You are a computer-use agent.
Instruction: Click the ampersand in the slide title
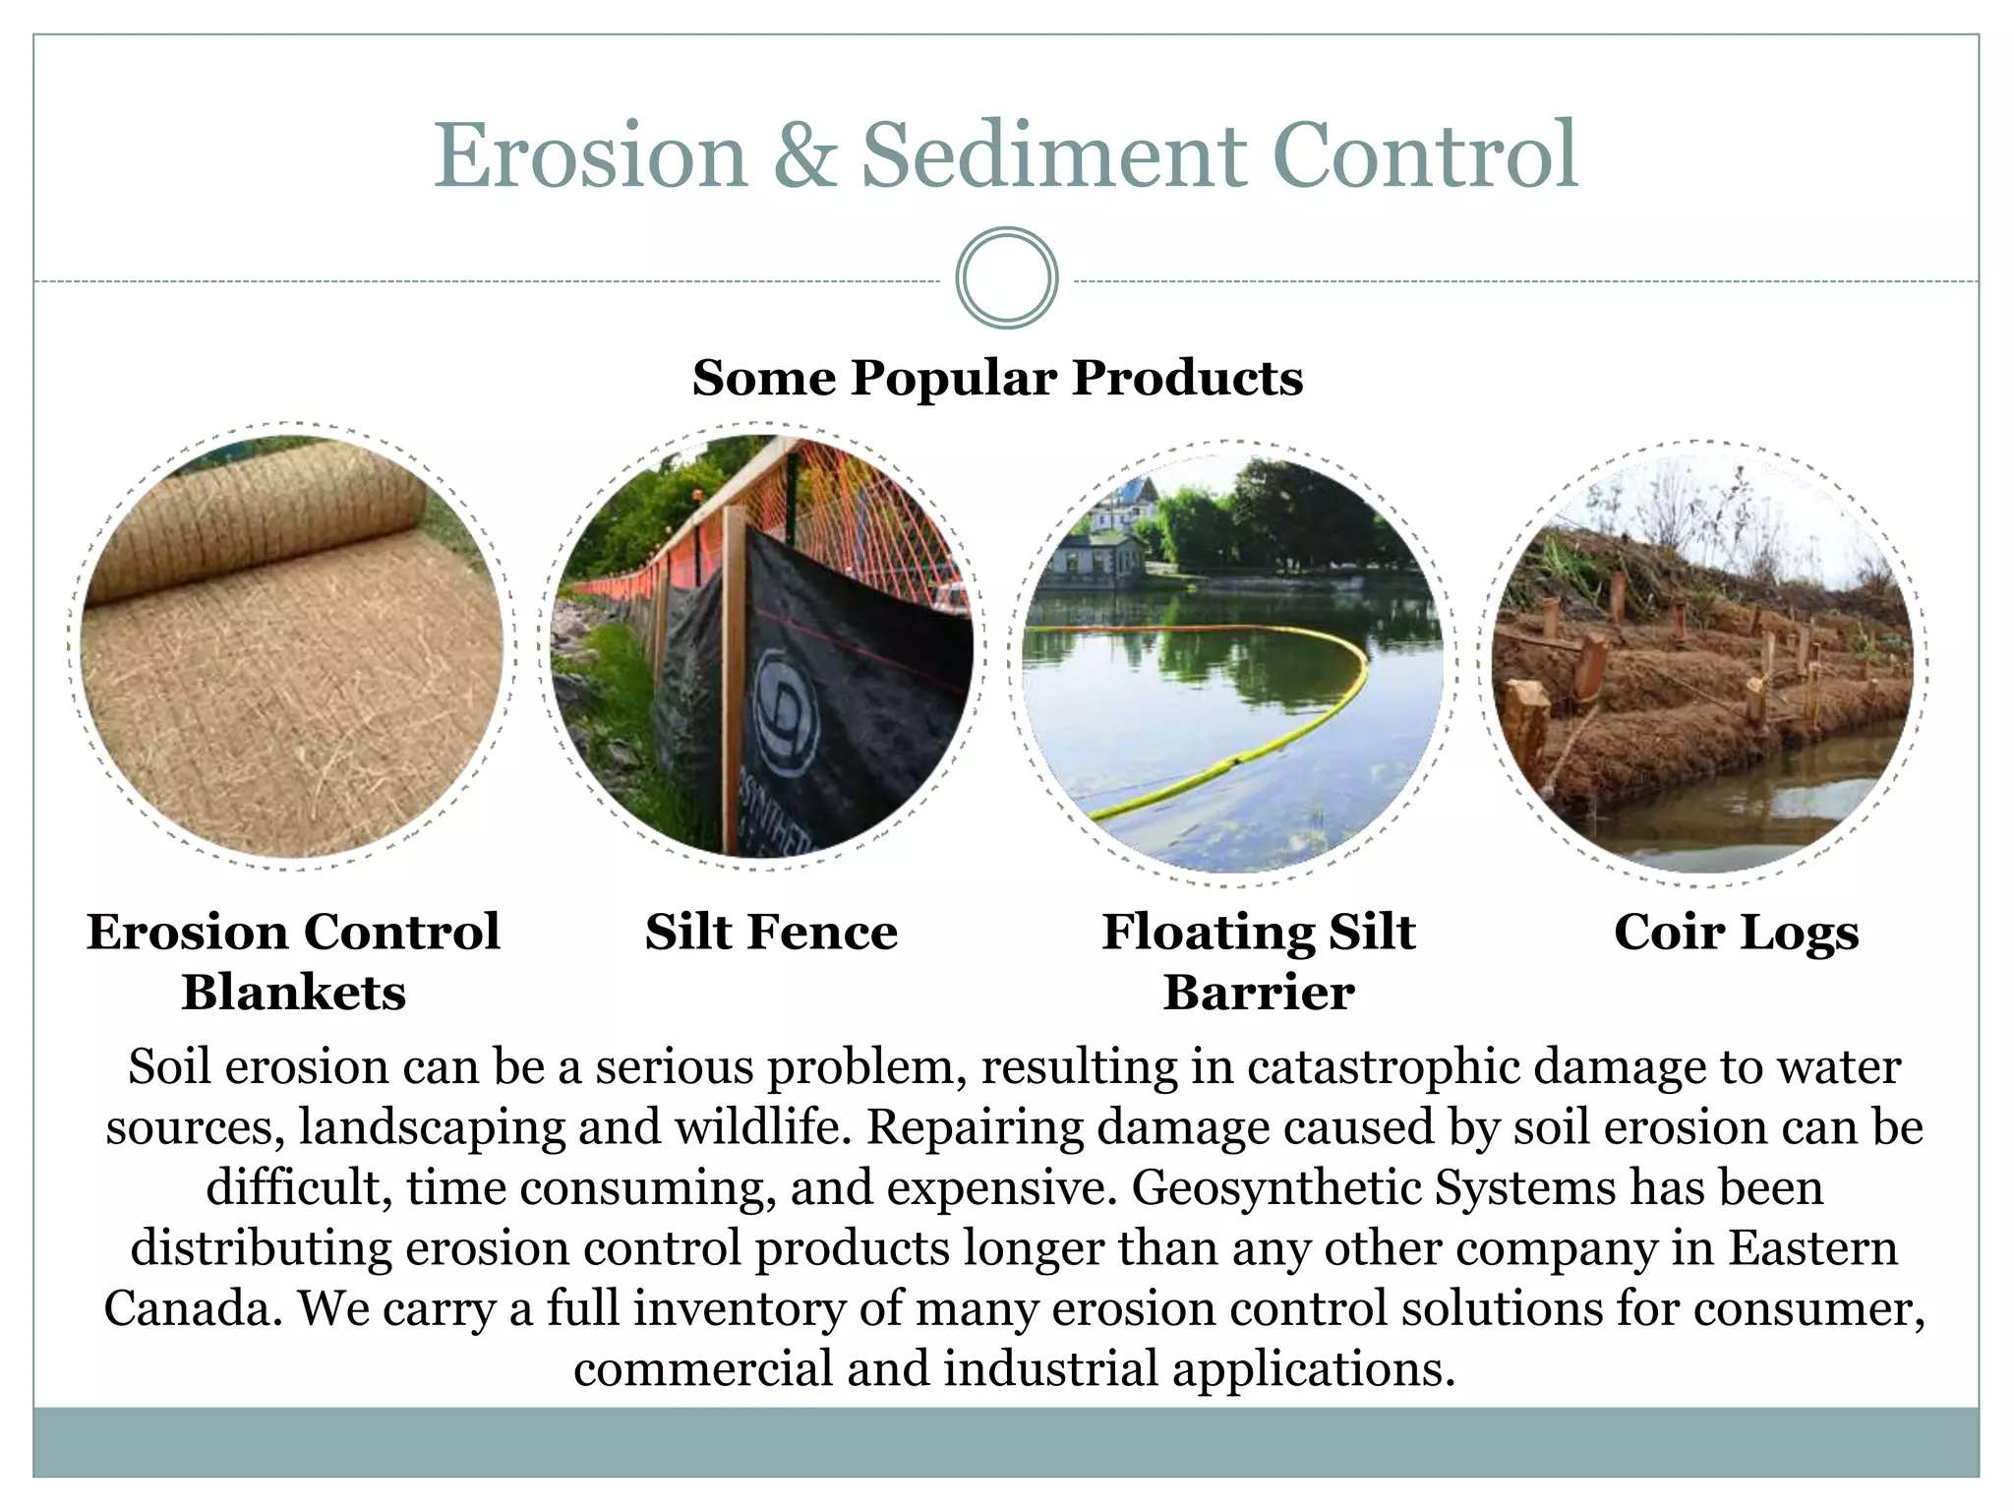804,155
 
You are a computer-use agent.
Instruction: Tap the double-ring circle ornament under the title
1007,278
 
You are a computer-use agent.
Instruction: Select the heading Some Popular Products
997,378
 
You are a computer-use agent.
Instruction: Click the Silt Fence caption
771,932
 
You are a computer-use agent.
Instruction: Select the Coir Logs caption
1736,932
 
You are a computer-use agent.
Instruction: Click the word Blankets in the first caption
293,992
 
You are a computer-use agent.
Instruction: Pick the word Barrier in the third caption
1259,992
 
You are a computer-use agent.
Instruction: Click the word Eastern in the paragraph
1812,1248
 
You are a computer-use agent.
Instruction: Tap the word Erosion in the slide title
590,155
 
